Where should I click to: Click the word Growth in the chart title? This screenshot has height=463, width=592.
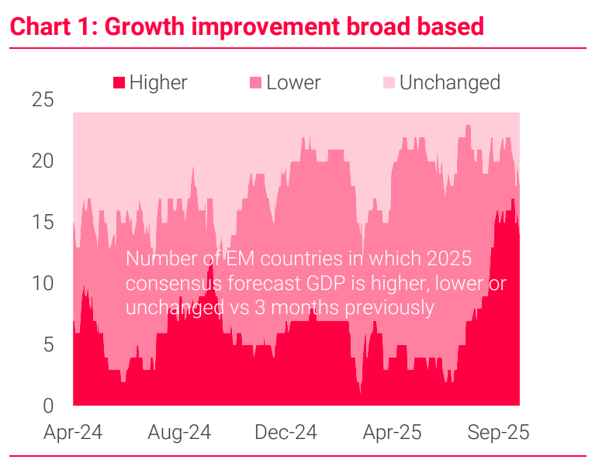click(146, 26)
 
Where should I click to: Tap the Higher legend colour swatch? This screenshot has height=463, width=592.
click(119, 83)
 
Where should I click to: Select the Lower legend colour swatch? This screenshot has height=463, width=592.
click(255, 83)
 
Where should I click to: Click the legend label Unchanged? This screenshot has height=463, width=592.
click(449, 83)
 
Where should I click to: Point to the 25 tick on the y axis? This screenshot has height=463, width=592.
click(43, 100)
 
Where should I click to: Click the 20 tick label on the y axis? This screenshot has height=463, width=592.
click(43, 161)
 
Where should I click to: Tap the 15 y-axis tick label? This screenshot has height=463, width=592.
click(43, 223)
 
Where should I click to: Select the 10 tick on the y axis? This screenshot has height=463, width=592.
click(43, 284)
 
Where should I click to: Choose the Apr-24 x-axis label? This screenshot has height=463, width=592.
click(73, 432)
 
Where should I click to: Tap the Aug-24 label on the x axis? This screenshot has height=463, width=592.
click(179, 432)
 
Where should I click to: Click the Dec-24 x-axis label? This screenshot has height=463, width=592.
click(286, 432)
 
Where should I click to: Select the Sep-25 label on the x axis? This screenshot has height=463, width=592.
click(497, 432)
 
